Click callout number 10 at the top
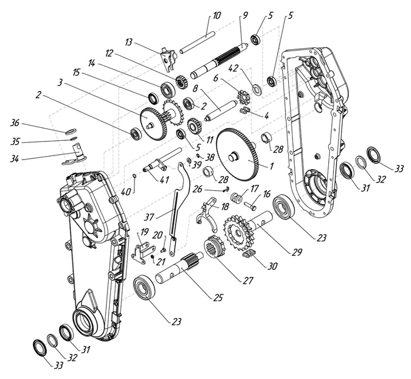(x=217, y=15)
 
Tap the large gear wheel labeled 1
(x=238, y=155)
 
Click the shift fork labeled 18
(x=207, y=214)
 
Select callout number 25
(x=218, y=297)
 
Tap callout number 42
(x=233, y=69)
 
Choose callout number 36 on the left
(x=15, y=122)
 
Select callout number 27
(x=248, y=280)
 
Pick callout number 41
(x=164, y=180)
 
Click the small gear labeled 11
(x=194, y=126)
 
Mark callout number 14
(x=92, y=63)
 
